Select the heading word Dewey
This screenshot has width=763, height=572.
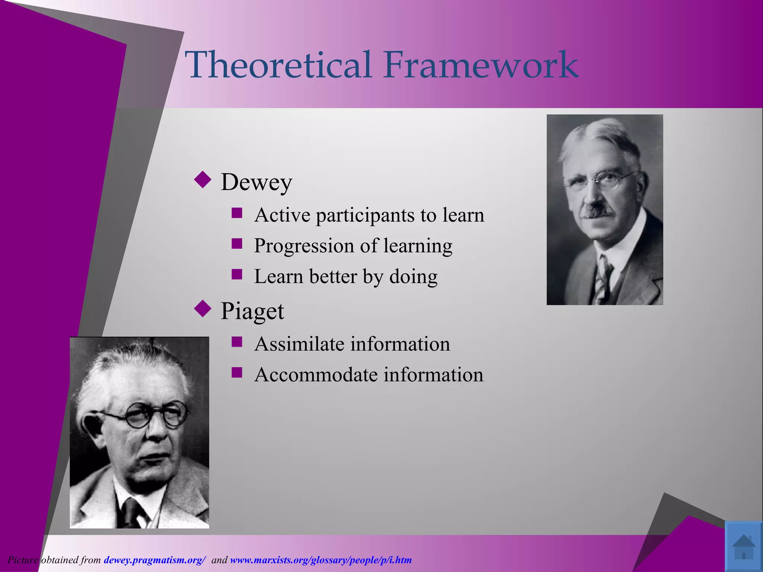pyautogui.click(x=256, y=182)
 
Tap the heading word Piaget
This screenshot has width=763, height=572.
pyautogui.click(x=252, y=311)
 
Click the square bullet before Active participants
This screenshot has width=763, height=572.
pyautogui.click(x=237, y=213)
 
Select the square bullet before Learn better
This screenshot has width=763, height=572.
pyautogui.click(x=237, y=274)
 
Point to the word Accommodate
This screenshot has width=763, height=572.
pyautogui.click(x=316, y=375)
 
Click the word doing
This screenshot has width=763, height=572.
pyautogui.click(x=413, y=277)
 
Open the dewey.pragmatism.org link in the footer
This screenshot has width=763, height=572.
pyautogui.click(x=155, y=560)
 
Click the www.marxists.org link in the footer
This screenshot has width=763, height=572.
pyautogui.click(x=321, y=560)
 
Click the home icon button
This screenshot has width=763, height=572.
pyautogui.click(x=743, y=546)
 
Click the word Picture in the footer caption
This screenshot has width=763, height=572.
pyautogui.click(x=23, y=560)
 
